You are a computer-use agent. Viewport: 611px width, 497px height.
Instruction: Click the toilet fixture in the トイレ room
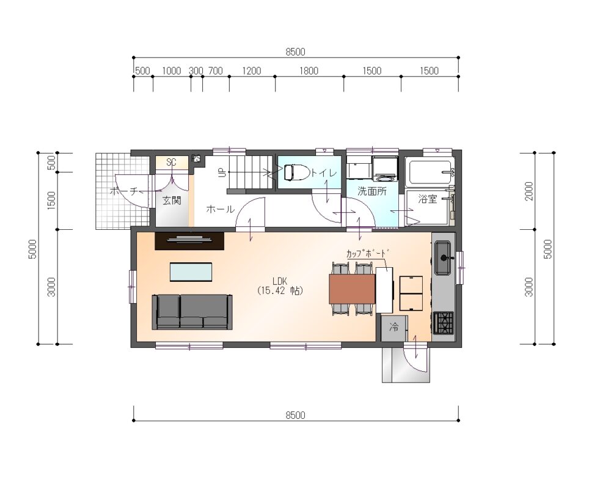[297, 172]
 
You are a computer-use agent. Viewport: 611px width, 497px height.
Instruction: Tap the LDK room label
[280, 281]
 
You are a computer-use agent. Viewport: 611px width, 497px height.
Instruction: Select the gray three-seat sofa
[192, 312]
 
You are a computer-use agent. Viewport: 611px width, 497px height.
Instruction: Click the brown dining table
[353, 289]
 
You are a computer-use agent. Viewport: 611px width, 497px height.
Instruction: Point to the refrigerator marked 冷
[394, 328]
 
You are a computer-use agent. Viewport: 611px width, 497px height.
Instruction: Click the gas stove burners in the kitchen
[444, 323]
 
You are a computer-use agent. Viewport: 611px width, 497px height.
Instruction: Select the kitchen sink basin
[444, 257]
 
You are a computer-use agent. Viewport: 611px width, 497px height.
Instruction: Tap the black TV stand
[189, 241]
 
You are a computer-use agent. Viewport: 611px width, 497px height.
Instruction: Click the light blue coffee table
[191, 271]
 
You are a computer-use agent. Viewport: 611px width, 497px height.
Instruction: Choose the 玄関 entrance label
[172, 201]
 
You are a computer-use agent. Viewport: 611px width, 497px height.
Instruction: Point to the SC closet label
[172, 162]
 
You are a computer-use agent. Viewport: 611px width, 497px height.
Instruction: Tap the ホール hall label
[220, 209]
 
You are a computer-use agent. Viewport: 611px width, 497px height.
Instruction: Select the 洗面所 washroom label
[372, 191]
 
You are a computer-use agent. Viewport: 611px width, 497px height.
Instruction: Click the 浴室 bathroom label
[428, 199]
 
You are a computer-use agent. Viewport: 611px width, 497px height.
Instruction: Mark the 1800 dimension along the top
[309, 71]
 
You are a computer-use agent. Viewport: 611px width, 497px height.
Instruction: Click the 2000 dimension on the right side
[529, 191]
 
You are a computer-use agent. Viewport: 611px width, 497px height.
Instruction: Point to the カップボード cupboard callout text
[368, 253]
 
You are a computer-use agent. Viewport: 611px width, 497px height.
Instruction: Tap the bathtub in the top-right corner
[430, 172]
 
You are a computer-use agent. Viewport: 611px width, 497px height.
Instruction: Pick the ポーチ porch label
[124, 191]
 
